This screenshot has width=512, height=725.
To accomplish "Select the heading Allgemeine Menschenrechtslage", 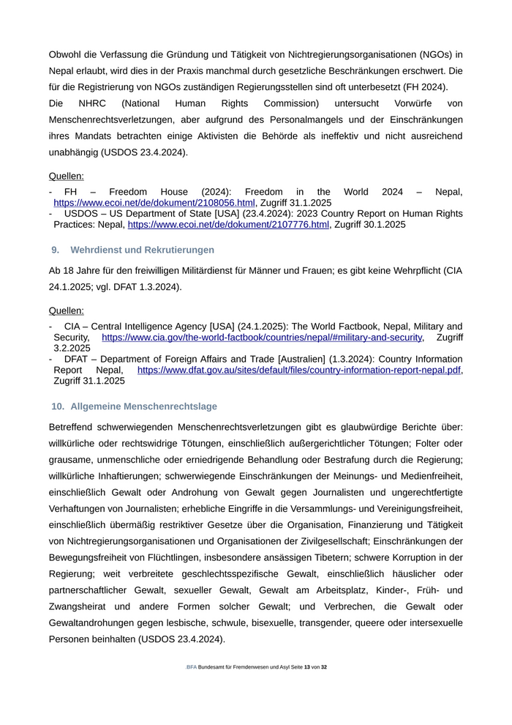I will click(x=143, y=406).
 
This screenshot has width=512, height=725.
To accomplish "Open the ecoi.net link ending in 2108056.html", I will click(x=154, y=203).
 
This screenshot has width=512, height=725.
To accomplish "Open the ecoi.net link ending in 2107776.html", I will click(x=228, y=225).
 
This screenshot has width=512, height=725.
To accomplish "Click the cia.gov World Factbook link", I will click(x=262, y=338).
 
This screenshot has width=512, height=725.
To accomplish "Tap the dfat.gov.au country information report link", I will click(x=300, y=371).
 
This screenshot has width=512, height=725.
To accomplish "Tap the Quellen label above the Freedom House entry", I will click(x=67, y=176).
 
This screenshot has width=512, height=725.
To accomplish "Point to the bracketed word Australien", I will click(x=293, y=360).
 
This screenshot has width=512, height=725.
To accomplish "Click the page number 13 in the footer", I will click(x=307, y=667).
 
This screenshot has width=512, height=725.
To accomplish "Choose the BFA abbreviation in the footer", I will click(x=192, y=667).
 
